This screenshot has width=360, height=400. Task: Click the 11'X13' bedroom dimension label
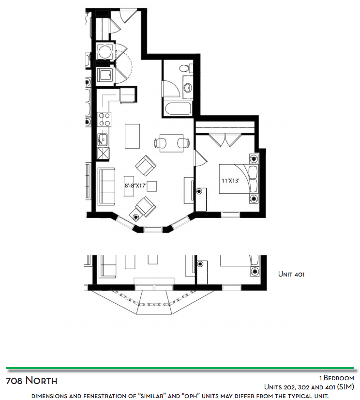pyautogui.click(x=230, y=181)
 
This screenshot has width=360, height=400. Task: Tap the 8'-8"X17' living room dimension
pyautogui.click(x=135, y=186)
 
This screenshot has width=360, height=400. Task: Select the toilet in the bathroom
pyautogui.click(x=186, y=68)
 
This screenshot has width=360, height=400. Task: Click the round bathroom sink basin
pyautogui.click(x=188, y=87)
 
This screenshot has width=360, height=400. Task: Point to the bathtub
pyautogui.click(x=178, y=109)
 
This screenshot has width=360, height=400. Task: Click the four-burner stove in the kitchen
pyautogui.click(x=105, y=120)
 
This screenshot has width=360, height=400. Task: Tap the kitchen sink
pyautogui.click(x=103, y=139)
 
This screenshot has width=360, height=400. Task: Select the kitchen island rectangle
pyautogui.click(x=132, y=136)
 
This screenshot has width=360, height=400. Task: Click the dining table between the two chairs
pyautogui.click(x=171, y=143)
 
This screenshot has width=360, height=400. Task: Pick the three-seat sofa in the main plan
pyautogui.click(x=106, y=186)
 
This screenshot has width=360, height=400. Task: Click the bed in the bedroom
pyautogui.click(x=239, y=179)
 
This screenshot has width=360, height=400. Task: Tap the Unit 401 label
pyautogui.click(x=291, y=275)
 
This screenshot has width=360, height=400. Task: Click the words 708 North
pyautogui.click(x=31, y=381)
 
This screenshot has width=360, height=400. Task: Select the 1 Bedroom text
pyautogui.click(x=337, y=378)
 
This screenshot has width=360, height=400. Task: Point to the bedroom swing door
pyautogui.click(x=201, y=158)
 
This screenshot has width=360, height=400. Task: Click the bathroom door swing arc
pyautogui.click(x=171, y=89)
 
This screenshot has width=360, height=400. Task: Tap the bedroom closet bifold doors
pyautogui.click(x=225, y=140)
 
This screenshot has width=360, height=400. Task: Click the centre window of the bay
pyautogui.click(x=153, y=230)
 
